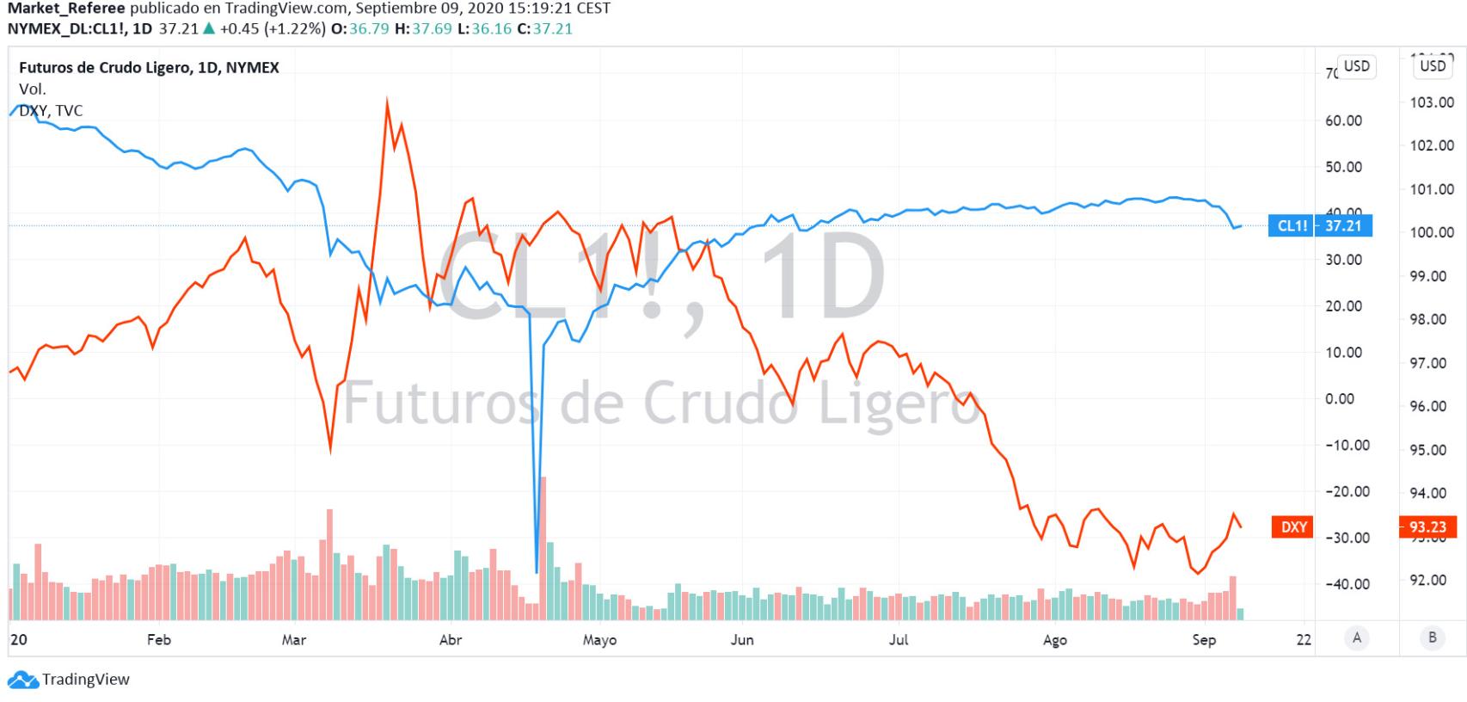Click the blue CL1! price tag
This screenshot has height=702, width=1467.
tap(1320, 226)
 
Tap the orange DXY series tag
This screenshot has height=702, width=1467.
tap(1292, 526)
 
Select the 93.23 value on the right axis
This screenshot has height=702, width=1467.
tap(1427, 526)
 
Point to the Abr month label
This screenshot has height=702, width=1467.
tap(451, 640)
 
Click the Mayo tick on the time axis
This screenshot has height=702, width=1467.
tap(599, 640)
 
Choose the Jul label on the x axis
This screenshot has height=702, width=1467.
tap(899, 640)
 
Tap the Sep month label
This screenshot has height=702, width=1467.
tap(1204, 640)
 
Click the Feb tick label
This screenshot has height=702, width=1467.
tap(159, 640)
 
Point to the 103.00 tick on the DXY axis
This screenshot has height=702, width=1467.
tap(1432, 102)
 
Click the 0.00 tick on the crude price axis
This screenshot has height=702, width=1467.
tap(1340, 399)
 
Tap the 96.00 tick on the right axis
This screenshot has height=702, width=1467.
tap(1432, 406)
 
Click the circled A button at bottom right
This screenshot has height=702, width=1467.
tap(1357, 637)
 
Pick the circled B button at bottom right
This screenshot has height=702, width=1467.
tap(1433, 637)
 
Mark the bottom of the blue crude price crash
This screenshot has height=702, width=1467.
tap(537, 571)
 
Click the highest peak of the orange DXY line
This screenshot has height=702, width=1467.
tap(387, 102)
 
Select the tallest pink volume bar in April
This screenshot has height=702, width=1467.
tap(543, 548)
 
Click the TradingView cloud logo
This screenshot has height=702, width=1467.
tap(23, 680)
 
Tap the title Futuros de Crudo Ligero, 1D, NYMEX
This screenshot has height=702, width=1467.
tap(149, 67)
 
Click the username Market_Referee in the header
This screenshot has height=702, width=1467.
tap(66, 9)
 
